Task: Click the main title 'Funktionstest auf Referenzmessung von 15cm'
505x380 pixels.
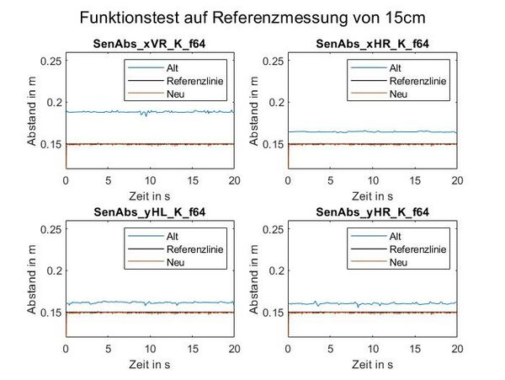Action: (x=252, y=17)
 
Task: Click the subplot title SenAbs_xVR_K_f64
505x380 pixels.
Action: (x=150, y=43)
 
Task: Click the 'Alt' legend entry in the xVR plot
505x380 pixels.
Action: (x=170, y=67)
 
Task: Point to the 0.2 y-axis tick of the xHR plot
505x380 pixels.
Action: (x=276, y=102)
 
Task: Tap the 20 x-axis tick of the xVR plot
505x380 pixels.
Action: (x=234, y=180)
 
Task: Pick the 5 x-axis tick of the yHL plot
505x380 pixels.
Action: (x=108, y=348)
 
